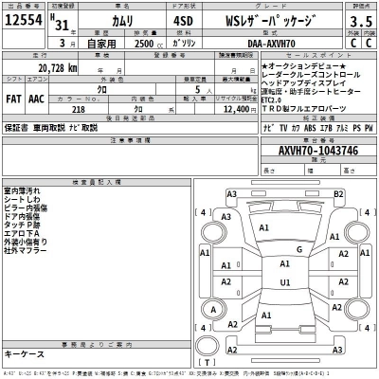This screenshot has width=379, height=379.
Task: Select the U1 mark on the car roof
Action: [285, 282]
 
